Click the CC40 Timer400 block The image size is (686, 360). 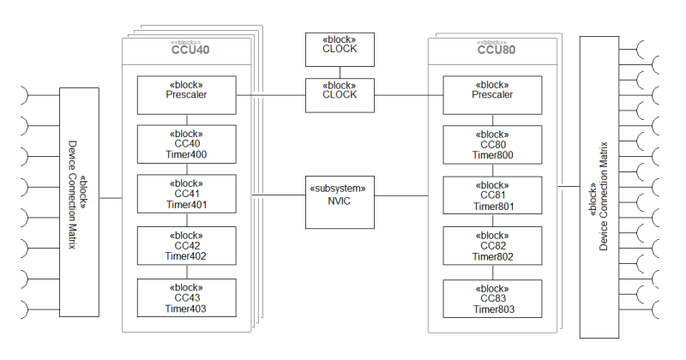[x=186, y=144]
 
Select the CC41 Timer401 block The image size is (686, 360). [x=186, y=195]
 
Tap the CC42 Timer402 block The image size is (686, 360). [x=186, y=245]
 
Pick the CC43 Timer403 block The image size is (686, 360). [x=186, y=297]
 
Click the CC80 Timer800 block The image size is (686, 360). [x=492, y=144]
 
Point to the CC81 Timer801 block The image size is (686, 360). [x=492, y=195]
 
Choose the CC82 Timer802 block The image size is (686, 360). [x=492, y=245]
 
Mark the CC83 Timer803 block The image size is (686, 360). [x=492, y=298]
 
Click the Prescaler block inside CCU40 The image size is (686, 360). [x=186, y=94]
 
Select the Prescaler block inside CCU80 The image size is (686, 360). [x=492, y=94]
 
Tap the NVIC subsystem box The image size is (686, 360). [x=340, y=201]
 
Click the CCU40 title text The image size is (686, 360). [x=190, y=50]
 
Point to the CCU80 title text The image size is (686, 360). [x=496, y=50]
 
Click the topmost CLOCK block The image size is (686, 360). [x=340, y=49]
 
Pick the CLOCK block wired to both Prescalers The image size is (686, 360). [x=340, y=94]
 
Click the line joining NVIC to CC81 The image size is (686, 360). [x=408, y=196]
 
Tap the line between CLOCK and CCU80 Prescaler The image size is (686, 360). [x=408, y=94]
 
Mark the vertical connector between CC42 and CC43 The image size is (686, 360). [x=186, y=271]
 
